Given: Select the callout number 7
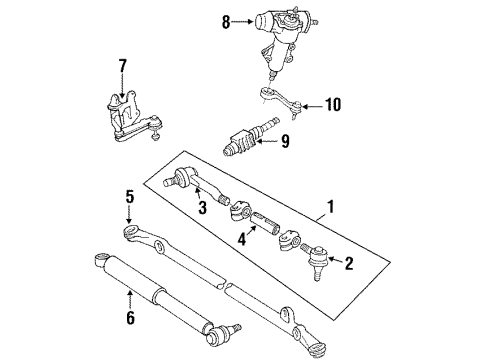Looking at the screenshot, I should [122, 67].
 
